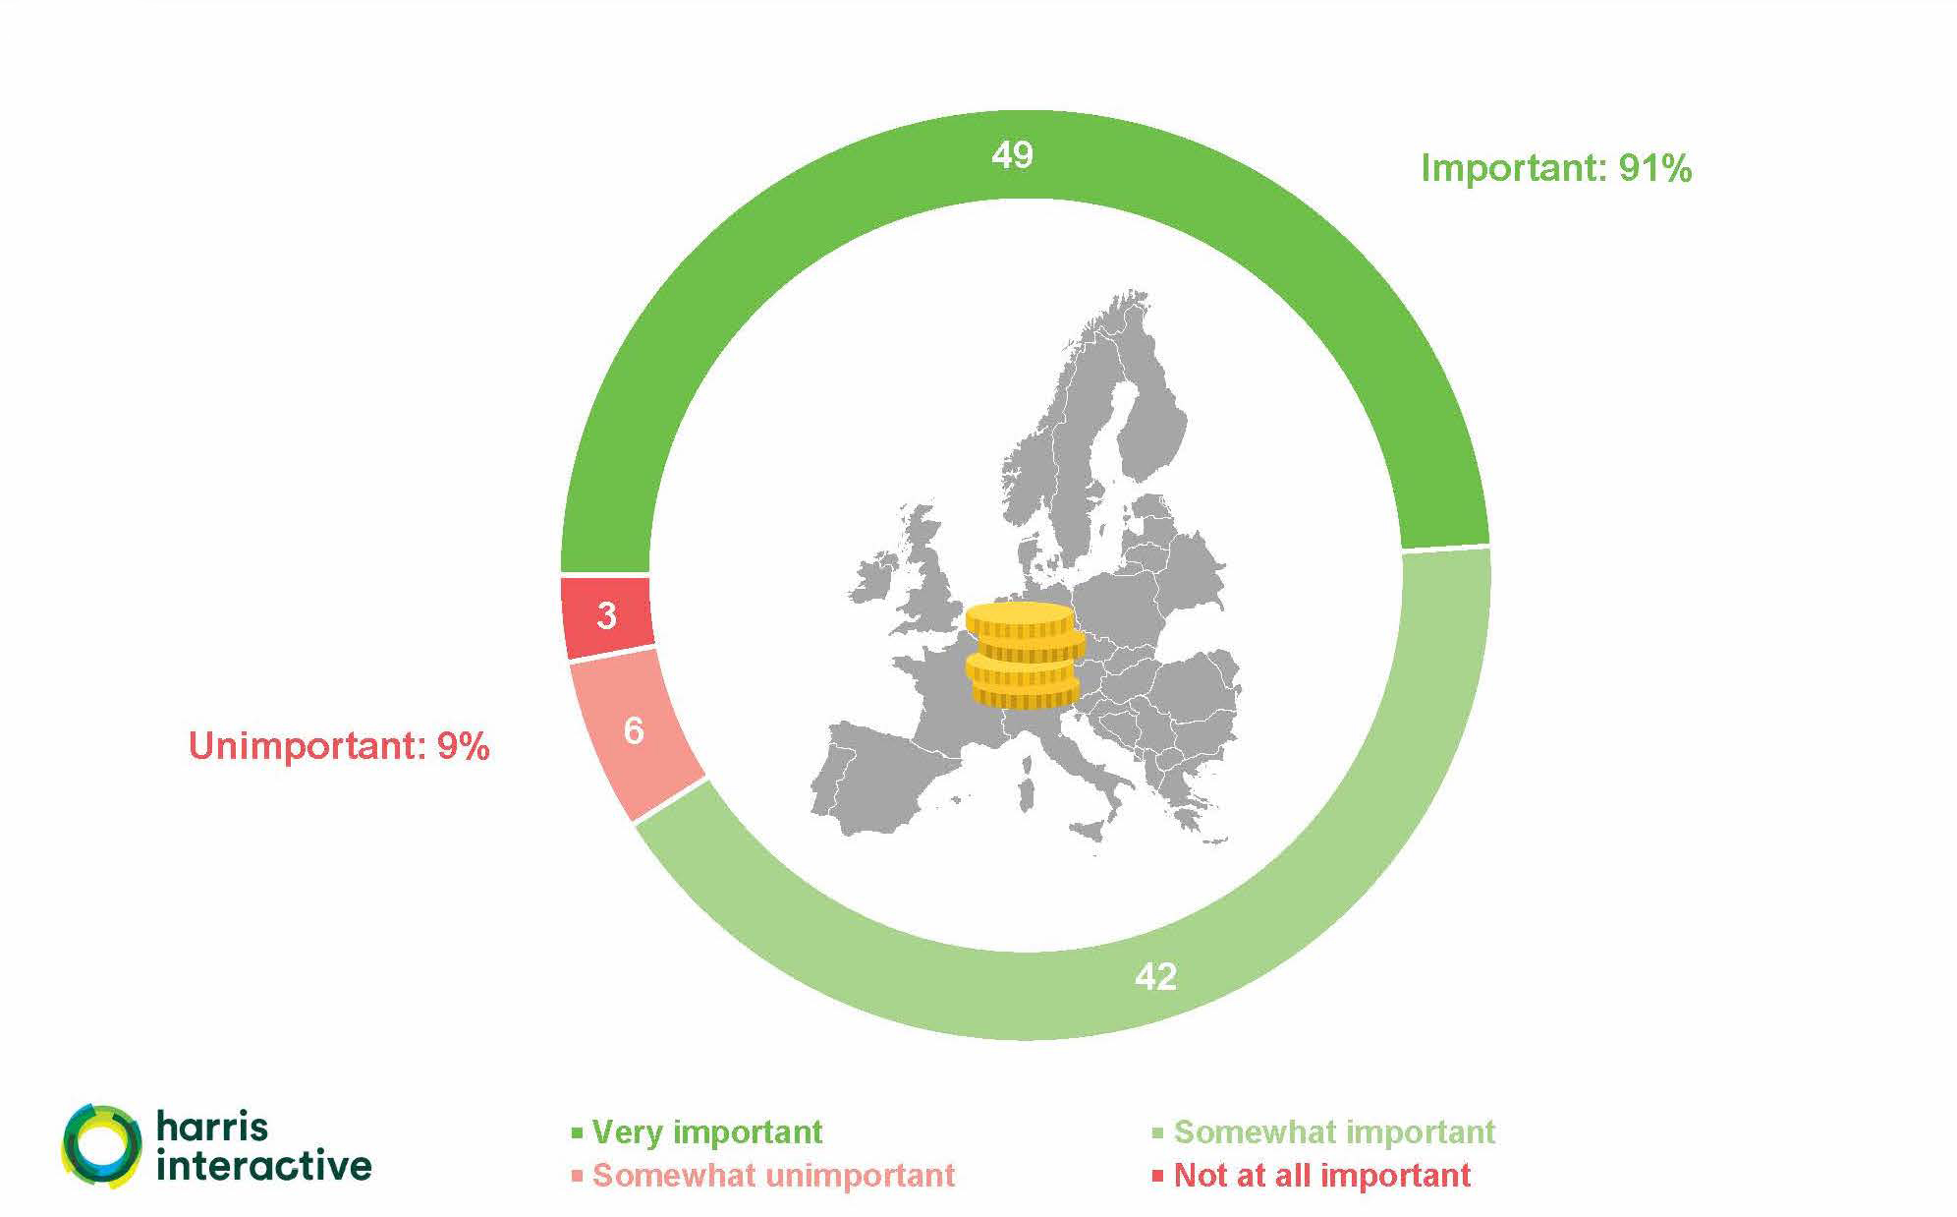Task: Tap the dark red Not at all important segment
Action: coord(606,616)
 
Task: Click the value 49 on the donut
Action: coord(1012,155)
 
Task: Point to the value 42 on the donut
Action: coord(1155,976)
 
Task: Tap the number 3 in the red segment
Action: coord(606,616)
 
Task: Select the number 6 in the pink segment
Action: coord(634,730)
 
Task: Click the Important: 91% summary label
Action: coord(1556,169)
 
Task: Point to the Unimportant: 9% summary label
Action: coord(339,746)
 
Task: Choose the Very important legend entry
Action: coord(698,1132)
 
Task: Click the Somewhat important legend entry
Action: coord(1324,1132)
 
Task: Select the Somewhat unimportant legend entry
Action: coord(763,1176)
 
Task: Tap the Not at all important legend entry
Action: coord(1313,1176)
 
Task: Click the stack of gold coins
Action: coord(1026,656)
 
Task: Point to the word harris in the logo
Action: coord(212,1127)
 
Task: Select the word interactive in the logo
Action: coord(264,1165)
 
